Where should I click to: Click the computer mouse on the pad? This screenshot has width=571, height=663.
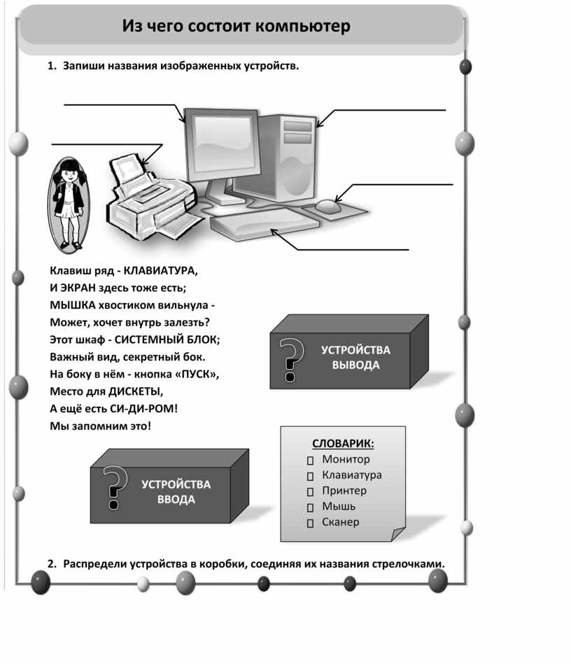pos(328,206)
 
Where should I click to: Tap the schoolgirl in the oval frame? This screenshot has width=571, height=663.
pos(69,205)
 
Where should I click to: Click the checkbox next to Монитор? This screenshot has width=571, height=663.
pos(310,461)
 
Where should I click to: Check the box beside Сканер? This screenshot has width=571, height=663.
pos(310,523)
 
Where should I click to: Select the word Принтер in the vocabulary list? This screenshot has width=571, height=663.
pos(344,491)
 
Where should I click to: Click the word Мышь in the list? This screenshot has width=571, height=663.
pos(339,506)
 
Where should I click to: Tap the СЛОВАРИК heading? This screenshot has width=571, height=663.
pos(343,444)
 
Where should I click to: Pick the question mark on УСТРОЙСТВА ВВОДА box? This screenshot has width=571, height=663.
pos(115,487)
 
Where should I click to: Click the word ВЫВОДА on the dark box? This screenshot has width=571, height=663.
pos(355,365)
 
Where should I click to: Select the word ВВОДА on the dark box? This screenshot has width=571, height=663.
pos(176,499)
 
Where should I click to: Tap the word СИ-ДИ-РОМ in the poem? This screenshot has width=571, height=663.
pos(143,409)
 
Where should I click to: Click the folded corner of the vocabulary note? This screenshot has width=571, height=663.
pos(397,533)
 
